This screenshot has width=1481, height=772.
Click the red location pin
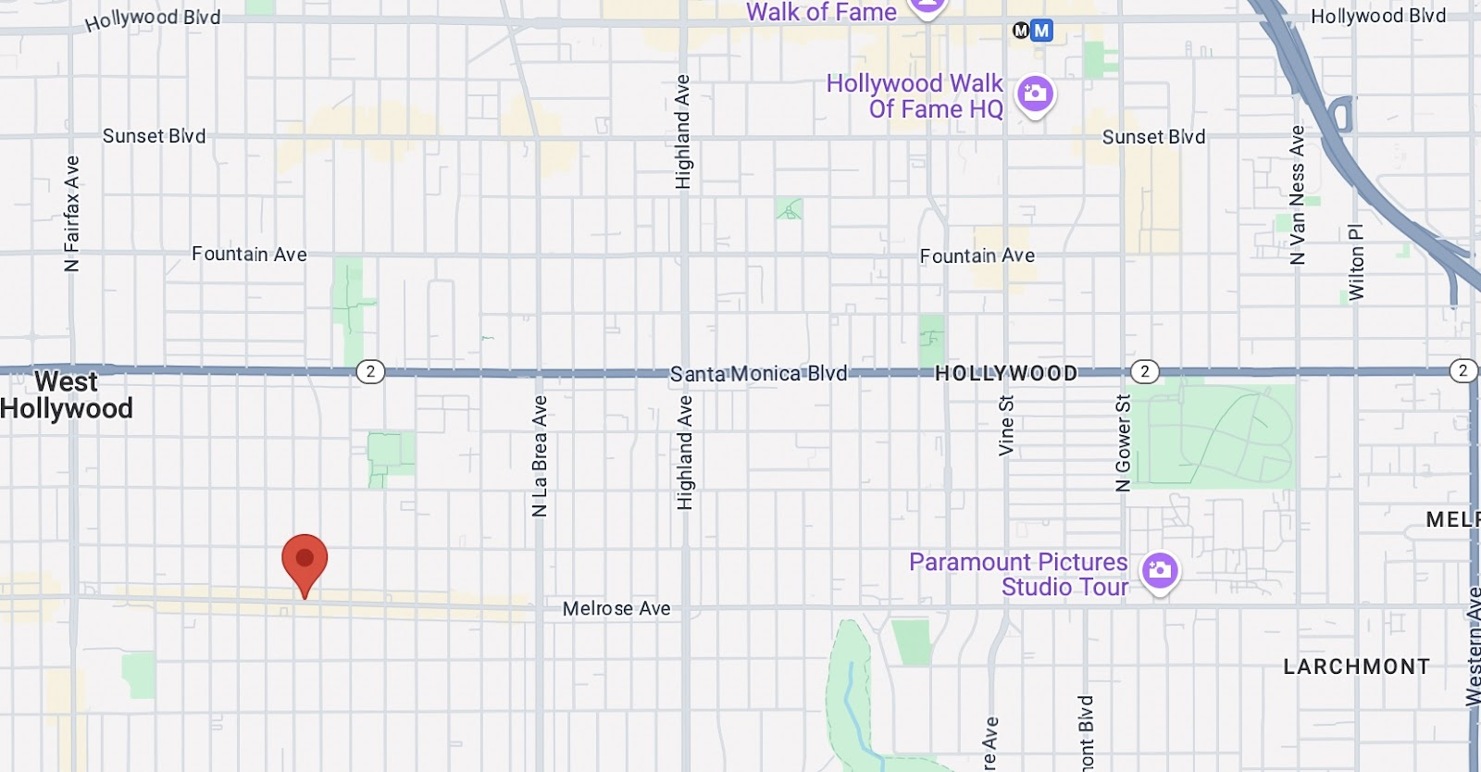tap(305, 559)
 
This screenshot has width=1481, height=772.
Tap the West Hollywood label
tap(67, 395)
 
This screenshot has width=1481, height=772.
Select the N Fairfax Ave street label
tap(72, 214)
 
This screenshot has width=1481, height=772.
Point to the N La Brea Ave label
tap(540, 455)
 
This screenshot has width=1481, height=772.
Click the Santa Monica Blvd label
tap(758, 373)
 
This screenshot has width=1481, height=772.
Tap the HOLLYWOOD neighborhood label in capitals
tap(1006, 373)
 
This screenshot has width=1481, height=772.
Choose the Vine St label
tap(1006, 426)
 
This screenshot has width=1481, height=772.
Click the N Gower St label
tap(1123, 443)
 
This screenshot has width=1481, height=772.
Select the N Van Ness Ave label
tap(1298, 195)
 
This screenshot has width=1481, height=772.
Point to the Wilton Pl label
tap(1356, 262)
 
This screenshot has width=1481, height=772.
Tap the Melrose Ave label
tap(616, 608)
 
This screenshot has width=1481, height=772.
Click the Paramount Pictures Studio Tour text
tap(1018, 574)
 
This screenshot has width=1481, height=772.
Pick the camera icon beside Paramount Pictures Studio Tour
tap(1159, 570)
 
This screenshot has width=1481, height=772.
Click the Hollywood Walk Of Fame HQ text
tap(915, 96)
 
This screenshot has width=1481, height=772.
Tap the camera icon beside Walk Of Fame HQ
tap(1035, 93)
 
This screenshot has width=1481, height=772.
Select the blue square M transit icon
tap(1042, 31)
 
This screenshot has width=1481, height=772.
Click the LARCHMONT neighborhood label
tap(1356, 666)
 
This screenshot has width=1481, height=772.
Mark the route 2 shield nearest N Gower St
tap(1145, 371)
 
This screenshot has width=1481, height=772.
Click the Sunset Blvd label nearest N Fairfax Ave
tap(154, 136)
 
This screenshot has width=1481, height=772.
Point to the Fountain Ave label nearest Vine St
tap(977, 255)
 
